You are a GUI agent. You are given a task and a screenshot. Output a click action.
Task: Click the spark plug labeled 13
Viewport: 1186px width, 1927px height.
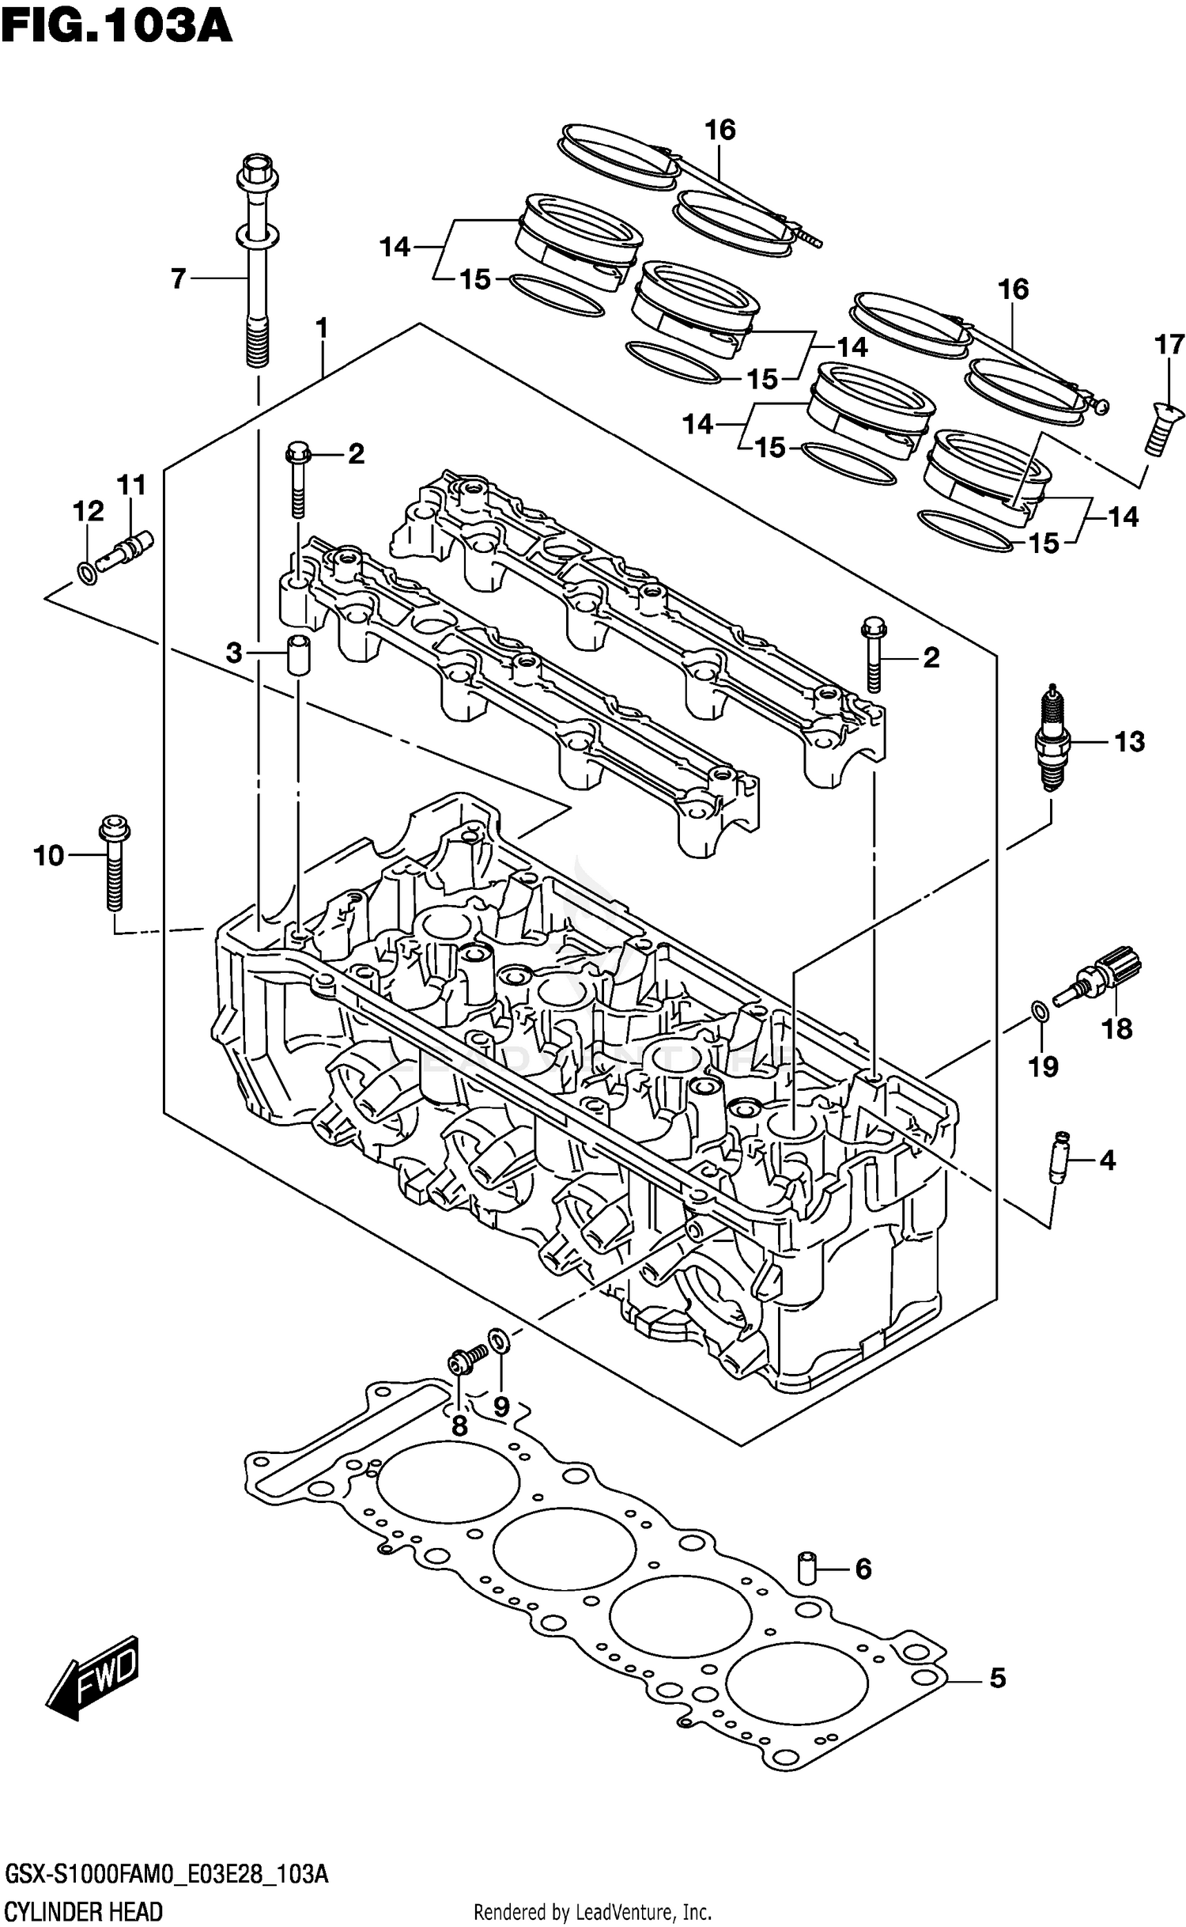(1051, 739)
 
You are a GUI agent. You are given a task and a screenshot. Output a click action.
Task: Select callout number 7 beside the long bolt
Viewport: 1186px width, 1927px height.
(179, 278)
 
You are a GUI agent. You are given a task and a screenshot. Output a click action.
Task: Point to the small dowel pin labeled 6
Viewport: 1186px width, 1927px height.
(806, 1567)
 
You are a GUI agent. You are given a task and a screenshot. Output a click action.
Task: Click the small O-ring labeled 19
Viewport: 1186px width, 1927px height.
(1041, 1010)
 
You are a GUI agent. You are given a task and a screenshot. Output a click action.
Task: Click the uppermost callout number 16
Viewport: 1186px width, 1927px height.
(720, 130)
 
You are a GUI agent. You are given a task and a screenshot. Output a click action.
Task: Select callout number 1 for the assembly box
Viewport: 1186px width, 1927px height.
(321, 327)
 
